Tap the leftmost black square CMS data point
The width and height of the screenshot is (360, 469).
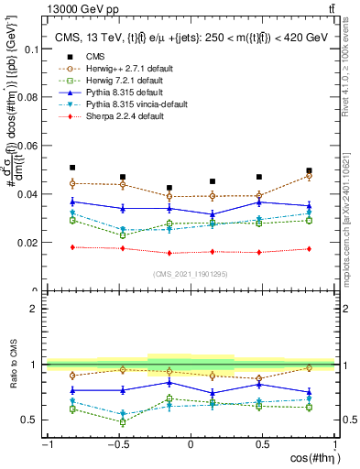72,168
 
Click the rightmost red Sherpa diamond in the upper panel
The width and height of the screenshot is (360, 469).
310,249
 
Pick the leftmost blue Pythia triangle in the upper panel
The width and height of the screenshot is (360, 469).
72,202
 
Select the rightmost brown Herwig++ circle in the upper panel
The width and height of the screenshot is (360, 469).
310,176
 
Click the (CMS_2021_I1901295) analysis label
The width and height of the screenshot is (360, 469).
191,275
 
